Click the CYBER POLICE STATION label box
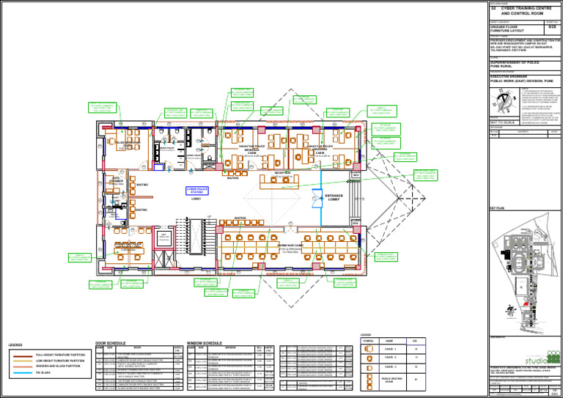[x=196, y=191]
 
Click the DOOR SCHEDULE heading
[x=111, y=342]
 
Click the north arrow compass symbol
[x=504, y=98]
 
